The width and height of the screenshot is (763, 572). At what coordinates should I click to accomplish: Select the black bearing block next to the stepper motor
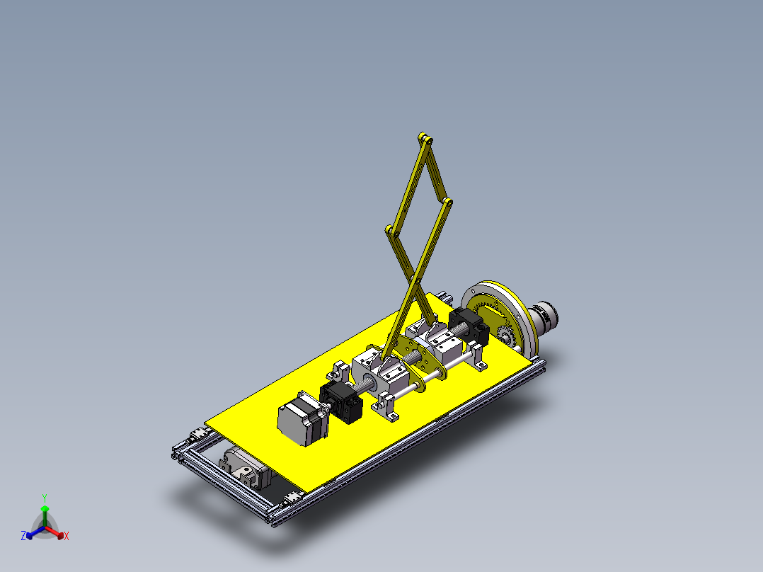coord(342,401)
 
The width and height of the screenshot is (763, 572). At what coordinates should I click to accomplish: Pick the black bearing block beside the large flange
coord(469,326)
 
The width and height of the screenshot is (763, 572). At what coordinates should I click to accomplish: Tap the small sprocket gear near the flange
coord(505,336)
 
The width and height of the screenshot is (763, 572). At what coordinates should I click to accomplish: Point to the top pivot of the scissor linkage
coord(425,139)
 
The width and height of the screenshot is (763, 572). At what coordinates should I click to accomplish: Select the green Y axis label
coord(45,498)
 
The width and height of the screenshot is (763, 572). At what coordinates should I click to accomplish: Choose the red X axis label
coord(67,536)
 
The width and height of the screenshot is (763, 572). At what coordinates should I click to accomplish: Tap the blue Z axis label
coord(23,535)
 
